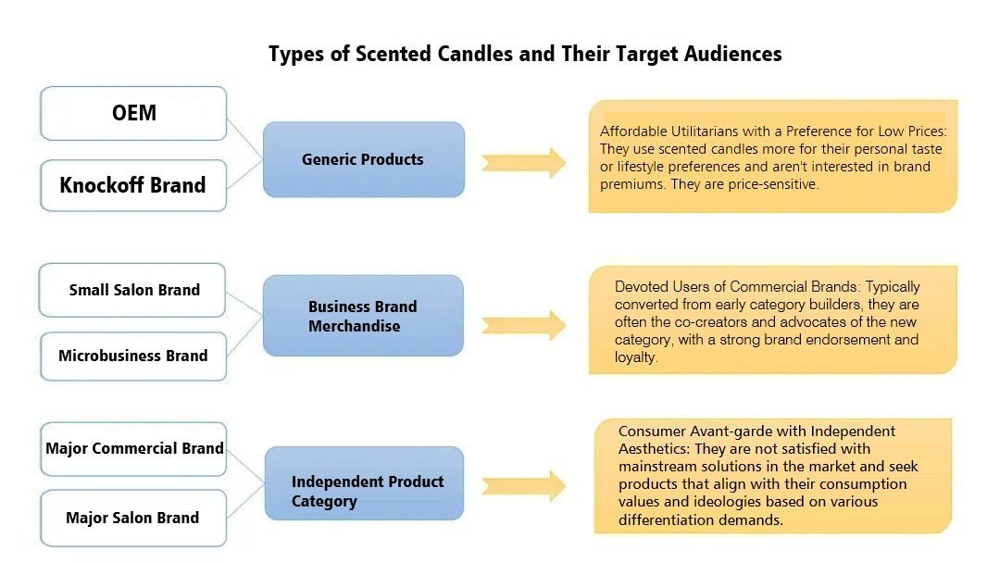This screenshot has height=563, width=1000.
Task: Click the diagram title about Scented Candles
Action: [525, 54]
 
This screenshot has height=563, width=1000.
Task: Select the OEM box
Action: [133, 114]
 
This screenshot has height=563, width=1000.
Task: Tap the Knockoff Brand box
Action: [132, 185]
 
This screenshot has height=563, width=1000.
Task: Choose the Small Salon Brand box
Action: [133, 290]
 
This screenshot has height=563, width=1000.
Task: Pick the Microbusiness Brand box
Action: [133, 356]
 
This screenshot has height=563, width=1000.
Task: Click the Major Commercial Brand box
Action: [133, 449]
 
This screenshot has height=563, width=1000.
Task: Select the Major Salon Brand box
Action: [133, 518]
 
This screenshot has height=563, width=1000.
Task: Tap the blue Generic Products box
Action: [363, 159]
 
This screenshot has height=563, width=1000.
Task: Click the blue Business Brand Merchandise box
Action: [363, 316]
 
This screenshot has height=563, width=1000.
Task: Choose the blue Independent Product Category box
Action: [363, 492]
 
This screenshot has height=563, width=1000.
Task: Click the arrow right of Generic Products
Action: [524, 162]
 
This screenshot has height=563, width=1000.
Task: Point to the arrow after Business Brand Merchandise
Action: [524, 325]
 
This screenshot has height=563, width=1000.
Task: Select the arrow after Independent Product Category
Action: [524, 486]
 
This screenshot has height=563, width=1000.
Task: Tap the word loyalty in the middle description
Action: [635, 357]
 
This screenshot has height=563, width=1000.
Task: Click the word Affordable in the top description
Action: [633, 132]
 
